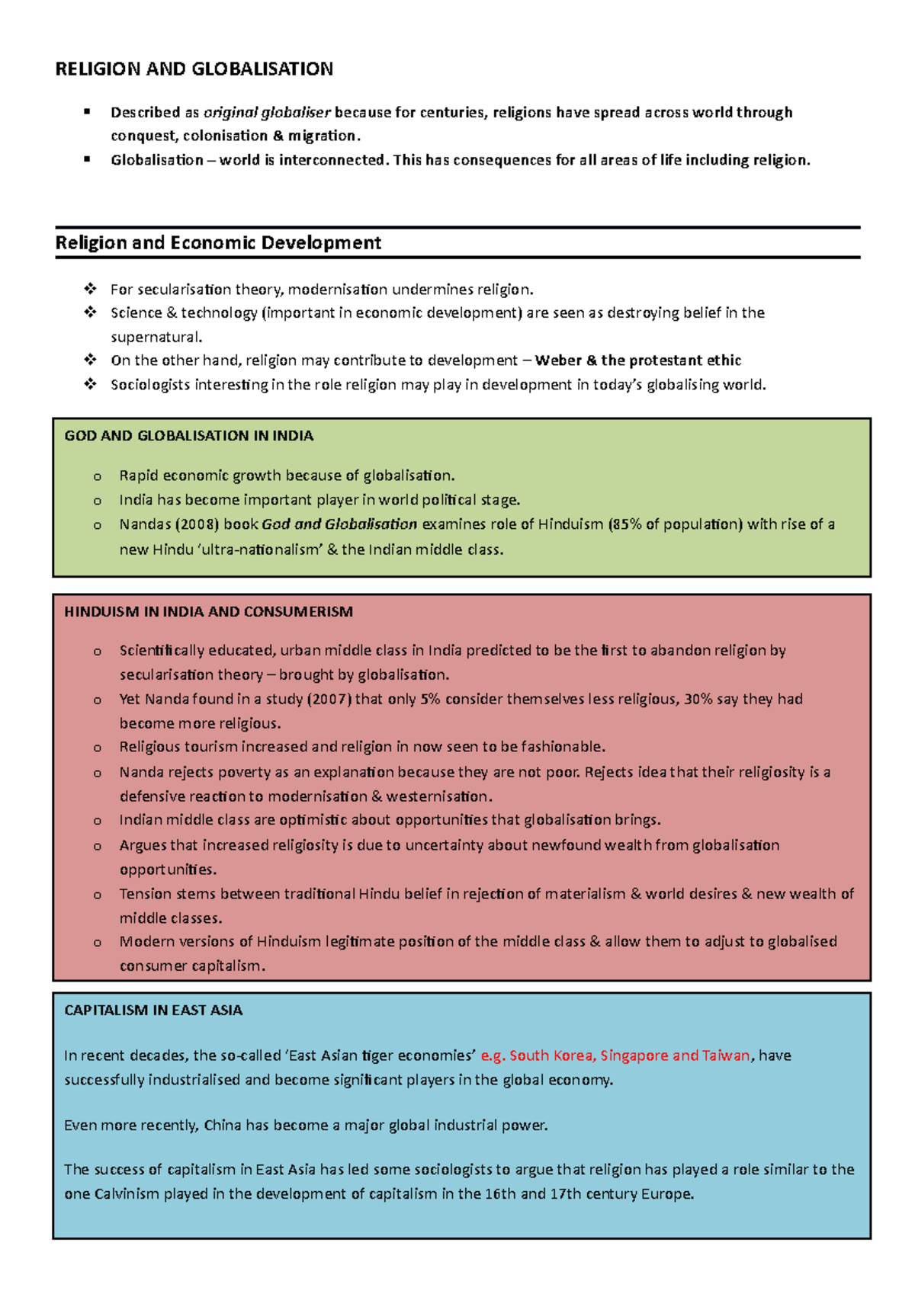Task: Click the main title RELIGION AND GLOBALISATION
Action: coord(194,69)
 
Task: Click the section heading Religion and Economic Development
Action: coord(218,243)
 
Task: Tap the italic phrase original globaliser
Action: coord(267,113)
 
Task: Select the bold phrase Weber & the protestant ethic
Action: coord(638,360)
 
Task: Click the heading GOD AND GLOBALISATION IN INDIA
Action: coord(188,436)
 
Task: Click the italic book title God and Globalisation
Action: coord(339,524)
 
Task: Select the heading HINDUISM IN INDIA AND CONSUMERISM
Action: coord(208,612)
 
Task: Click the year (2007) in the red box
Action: coord(329,699)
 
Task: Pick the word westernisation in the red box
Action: coord(438,796)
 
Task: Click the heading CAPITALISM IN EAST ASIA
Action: coord(153,1011)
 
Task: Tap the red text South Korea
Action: coord(552,1055)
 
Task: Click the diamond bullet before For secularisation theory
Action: coord(90,289)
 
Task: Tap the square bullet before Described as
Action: coord(87,112)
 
